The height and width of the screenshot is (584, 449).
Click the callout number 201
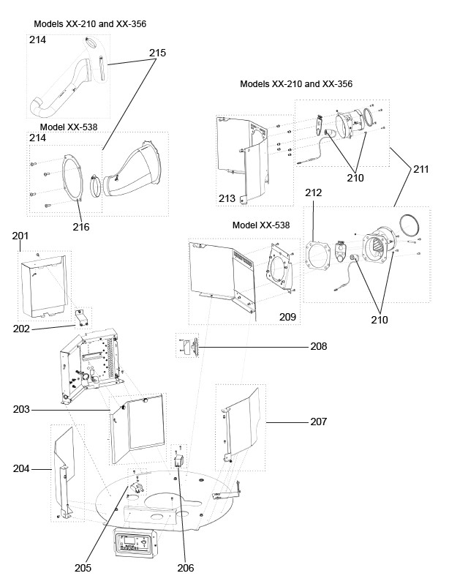(x=20, y=236)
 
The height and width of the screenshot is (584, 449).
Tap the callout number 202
(x=21, y=329)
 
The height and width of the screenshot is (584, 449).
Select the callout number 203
(x=21, y=409)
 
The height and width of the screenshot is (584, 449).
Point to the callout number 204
(x=21, y=468)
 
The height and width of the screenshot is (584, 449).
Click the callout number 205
(x=83, y=568)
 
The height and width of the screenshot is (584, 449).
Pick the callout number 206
(x=186, y=568)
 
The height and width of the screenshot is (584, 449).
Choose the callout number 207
(x=319, y=422)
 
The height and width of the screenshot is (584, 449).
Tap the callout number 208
(x=319, y=346)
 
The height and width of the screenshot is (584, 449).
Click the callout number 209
(x=287, y=317)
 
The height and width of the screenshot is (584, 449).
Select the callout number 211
(x=420, y=169)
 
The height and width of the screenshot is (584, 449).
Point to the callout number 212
(x=314, y=192)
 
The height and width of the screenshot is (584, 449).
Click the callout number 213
(x=227, y=198)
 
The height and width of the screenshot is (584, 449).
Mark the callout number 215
(x=157, y=53)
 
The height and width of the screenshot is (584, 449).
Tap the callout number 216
(x=80, y=227)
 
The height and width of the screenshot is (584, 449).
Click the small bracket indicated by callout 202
(x=81, y=318)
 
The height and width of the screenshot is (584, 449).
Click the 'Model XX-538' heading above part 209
(x=261, y=225)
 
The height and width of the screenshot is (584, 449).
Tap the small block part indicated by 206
(x=178, y=461)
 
